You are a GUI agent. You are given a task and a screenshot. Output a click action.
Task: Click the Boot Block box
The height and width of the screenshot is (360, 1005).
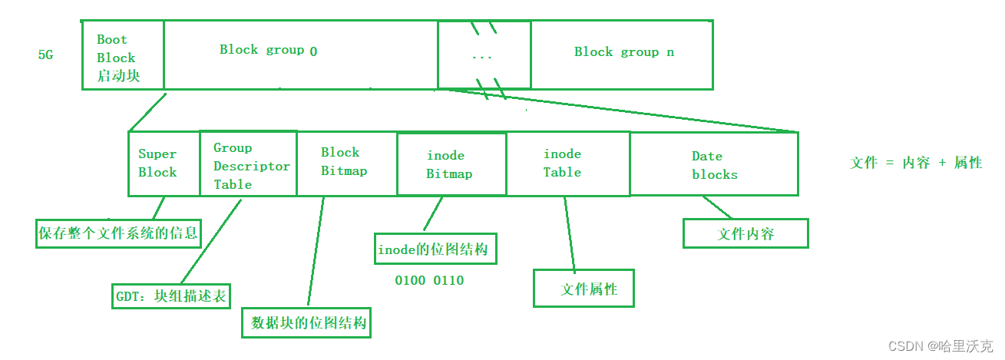point(123,55)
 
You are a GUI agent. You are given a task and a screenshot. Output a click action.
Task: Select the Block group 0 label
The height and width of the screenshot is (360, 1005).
point(268,51)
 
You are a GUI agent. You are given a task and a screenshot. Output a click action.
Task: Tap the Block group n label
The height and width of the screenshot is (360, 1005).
point(624,52)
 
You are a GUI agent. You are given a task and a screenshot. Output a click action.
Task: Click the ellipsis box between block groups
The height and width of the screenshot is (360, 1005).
point(484,55)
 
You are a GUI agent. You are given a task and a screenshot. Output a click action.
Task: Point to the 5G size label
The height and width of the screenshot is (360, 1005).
point(45,56)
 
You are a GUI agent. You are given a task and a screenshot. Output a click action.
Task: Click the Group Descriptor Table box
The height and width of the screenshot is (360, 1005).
point(248,164)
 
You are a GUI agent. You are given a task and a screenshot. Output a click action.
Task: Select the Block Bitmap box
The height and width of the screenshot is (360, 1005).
point(346,163)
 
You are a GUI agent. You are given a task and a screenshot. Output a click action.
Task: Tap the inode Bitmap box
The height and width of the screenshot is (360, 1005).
point(451,164)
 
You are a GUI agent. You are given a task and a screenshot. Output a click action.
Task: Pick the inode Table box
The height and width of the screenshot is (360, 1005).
point(567,163)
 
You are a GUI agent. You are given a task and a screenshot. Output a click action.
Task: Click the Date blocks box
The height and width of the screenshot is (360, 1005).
point(713,164)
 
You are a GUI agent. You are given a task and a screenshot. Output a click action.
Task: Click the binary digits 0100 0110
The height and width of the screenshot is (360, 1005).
point(429,281)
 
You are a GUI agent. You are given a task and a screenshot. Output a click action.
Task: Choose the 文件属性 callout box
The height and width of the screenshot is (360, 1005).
point(583,289)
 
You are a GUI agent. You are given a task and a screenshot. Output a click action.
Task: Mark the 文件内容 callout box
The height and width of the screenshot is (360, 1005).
point(745,234)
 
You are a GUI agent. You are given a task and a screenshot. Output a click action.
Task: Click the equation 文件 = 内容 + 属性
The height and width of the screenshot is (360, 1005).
point(916,163)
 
